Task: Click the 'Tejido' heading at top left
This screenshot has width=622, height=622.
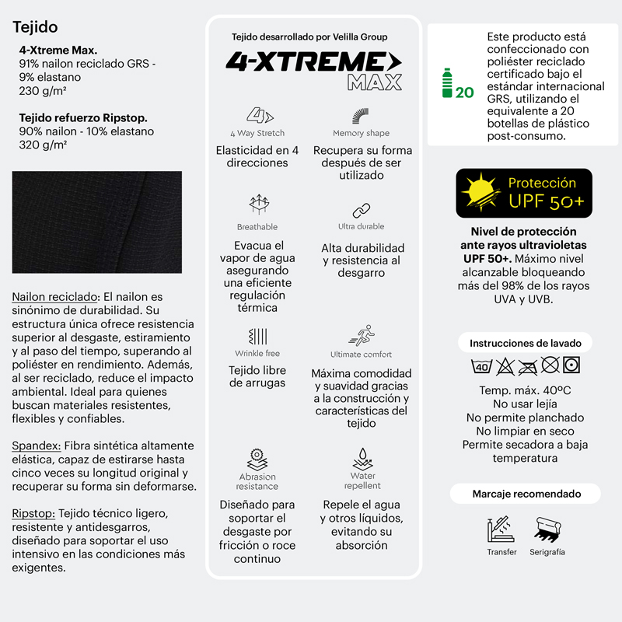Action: point(35,27)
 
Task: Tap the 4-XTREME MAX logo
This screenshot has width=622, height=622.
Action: point(313,69)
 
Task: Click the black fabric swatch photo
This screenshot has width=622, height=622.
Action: point(96,222)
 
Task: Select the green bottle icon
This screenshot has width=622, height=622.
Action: point(447,83)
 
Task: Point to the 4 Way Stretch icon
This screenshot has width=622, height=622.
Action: point(257,116)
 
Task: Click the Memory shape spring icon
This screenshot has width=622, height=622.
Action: point(361,116)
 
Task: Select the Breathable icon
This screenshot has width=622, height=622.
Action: point(257,205)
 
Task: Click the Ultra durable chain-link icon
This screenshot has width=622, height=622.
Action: point(361,210)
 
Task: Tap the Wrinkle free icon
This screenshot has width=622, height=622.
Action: point(257,336)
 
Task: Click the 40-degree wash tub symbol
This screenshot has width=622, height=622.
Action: point(481,366)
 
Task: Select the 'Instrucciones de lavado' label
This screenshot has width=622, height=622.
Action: point(525,343)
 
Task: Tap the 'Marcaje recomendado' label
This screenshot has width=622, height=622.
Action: point(526,494)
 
